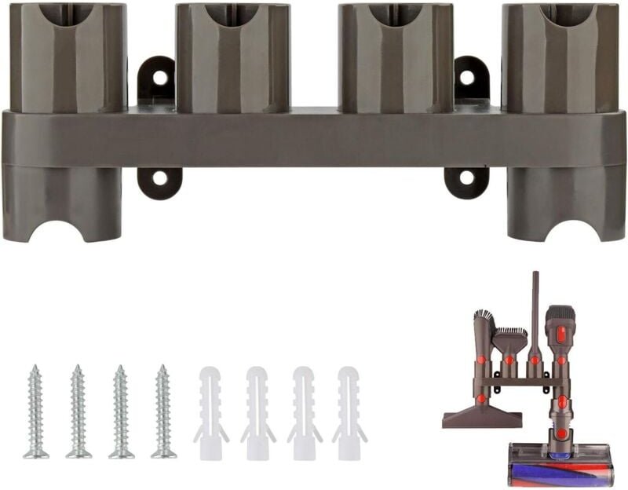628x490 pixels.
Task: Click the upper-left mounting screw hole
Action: tap(159, 77)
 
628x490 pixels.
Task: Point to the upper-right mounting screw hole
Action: tap(467, 77)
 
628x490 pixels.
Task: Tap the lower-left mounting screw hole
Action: tap(159, 177)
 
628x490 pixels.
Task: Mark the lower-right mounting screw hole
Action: tap(467, 177)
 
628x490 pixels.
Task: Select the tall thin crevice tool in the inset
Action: tap(535, 314)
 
